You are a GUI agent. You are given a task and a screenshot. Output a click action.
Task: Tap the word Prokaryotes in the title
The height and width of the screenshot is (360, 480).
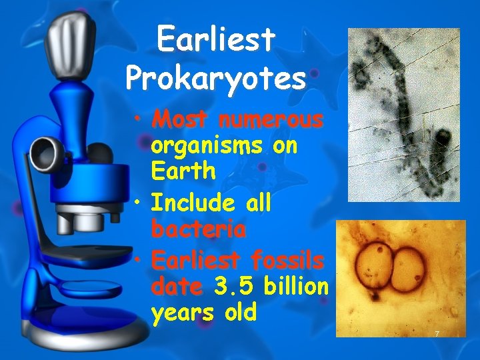point(215,79)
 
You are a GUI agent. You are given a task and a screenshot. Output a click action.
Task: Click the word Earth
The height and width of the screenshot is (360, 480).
point(183,171)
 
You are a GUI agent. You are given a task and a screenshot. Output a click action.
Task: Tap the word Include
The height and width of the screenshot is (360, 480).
point(191,203)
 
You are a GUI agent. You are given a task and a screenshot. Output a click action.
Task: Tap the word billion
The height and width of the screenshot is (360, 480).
point(296,287)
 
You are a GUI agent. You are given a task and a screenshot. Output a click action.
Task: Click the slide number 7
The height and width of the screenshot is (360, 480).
point(436,333)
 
